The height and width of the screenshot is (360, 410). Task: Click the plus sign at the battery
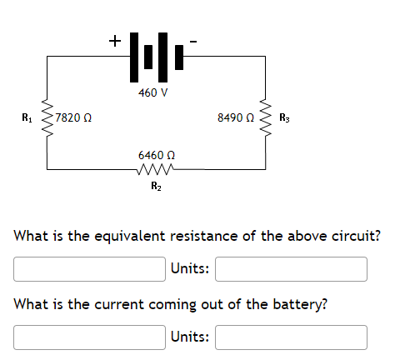click(x=113, y=39)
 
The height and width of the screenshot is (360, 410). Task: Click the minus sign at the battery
click(x=195, y=39)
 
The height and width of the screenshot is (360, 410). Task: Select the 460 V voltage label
click(x=154, y=92)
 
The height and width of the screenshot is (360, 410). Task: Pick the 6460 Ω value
click(x=156, y=155)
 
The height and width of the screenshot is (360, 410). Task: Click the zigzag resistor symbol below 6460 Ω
click(x=156, y=170)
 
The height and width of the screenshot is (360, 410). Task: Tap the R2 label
click(x=156, y=186)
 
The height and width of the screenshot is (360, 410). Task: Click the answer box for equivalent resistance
click(x=88, y=269)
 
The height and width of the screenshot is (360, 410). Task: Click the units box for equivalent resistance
click(x=291, y=269)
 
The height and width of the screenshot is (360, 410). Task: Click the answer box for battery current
click(x=88, y=337)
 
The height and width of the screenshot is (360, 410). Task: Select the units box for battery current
click(x=291, y=337)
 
